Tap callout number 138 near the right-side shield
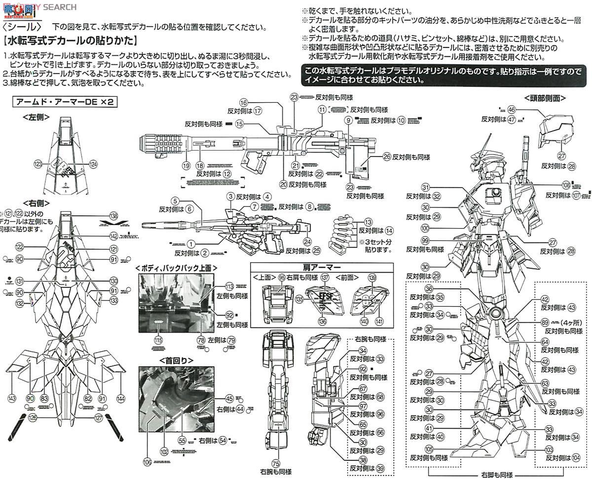pyautogui.click(x=114, y=216)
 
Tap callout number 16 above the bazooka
pyautogui.click(x=244, y=102)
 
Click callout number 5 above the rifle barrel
pyautogui.click(x=175, y=200)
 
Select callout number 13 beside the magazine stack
pyautogui.click(x=368, y=223)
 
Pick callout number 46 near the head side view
pyautogui.click(x=511, y=110)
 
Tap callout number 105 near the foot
pyautogui.click(x=429, y=449)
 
